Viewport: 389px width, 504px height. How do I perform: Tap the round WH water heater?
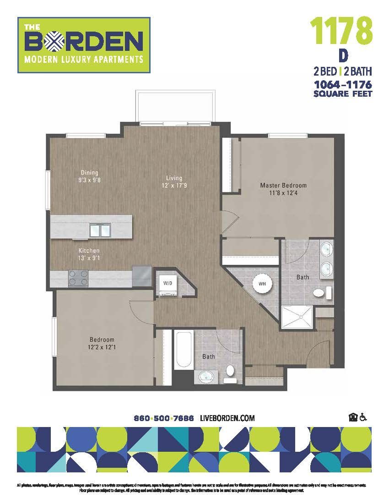262,284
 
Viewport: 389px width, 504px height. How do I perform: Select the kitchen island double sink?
100,230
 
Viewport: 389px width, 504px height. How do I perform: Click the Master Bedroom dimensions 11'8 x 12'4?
283,193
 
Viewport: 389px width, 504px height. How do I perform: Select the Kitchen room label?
89,251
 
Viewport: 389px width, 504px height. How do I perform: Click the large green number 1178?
341,30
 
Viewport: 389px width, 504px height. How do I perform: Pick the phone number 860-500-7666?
164,418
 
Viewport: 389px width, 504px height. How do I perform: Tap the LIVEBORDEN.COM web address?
227,418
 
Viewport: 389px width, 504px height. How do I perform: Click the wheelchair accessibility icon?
364,417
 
